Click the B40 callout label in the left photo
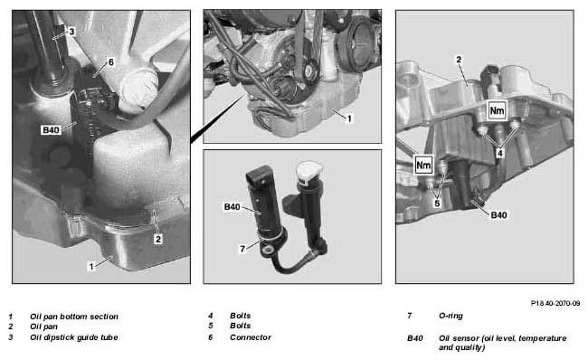(51, 130)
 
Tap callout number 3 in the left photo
(71, 32)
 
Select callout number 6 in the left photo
(110, 62)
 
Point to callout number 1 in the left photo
(91, 266)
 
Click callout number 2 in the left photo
(158, 239)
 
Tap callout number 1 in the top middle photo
(349, 118)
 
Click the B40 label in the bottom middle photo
(232, 206)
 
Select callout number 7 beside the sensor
(242, 249)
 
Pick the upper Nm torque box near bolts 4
(497, 110)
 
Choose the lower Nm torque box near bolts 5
(423, 165)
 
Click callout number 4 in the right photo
(500, 153)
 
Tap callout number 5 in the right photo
(437, 204)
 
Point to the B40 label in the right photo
(498, 215)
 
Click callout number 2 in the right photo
(459, 60)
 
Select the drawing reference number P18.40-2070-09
(555, 303)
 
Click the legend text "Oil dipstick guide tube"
(74, 337)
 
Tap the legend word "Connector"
(251, 337)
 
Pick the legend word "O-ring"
(450, 316)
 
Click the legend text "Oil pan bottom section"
(74, 317)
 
